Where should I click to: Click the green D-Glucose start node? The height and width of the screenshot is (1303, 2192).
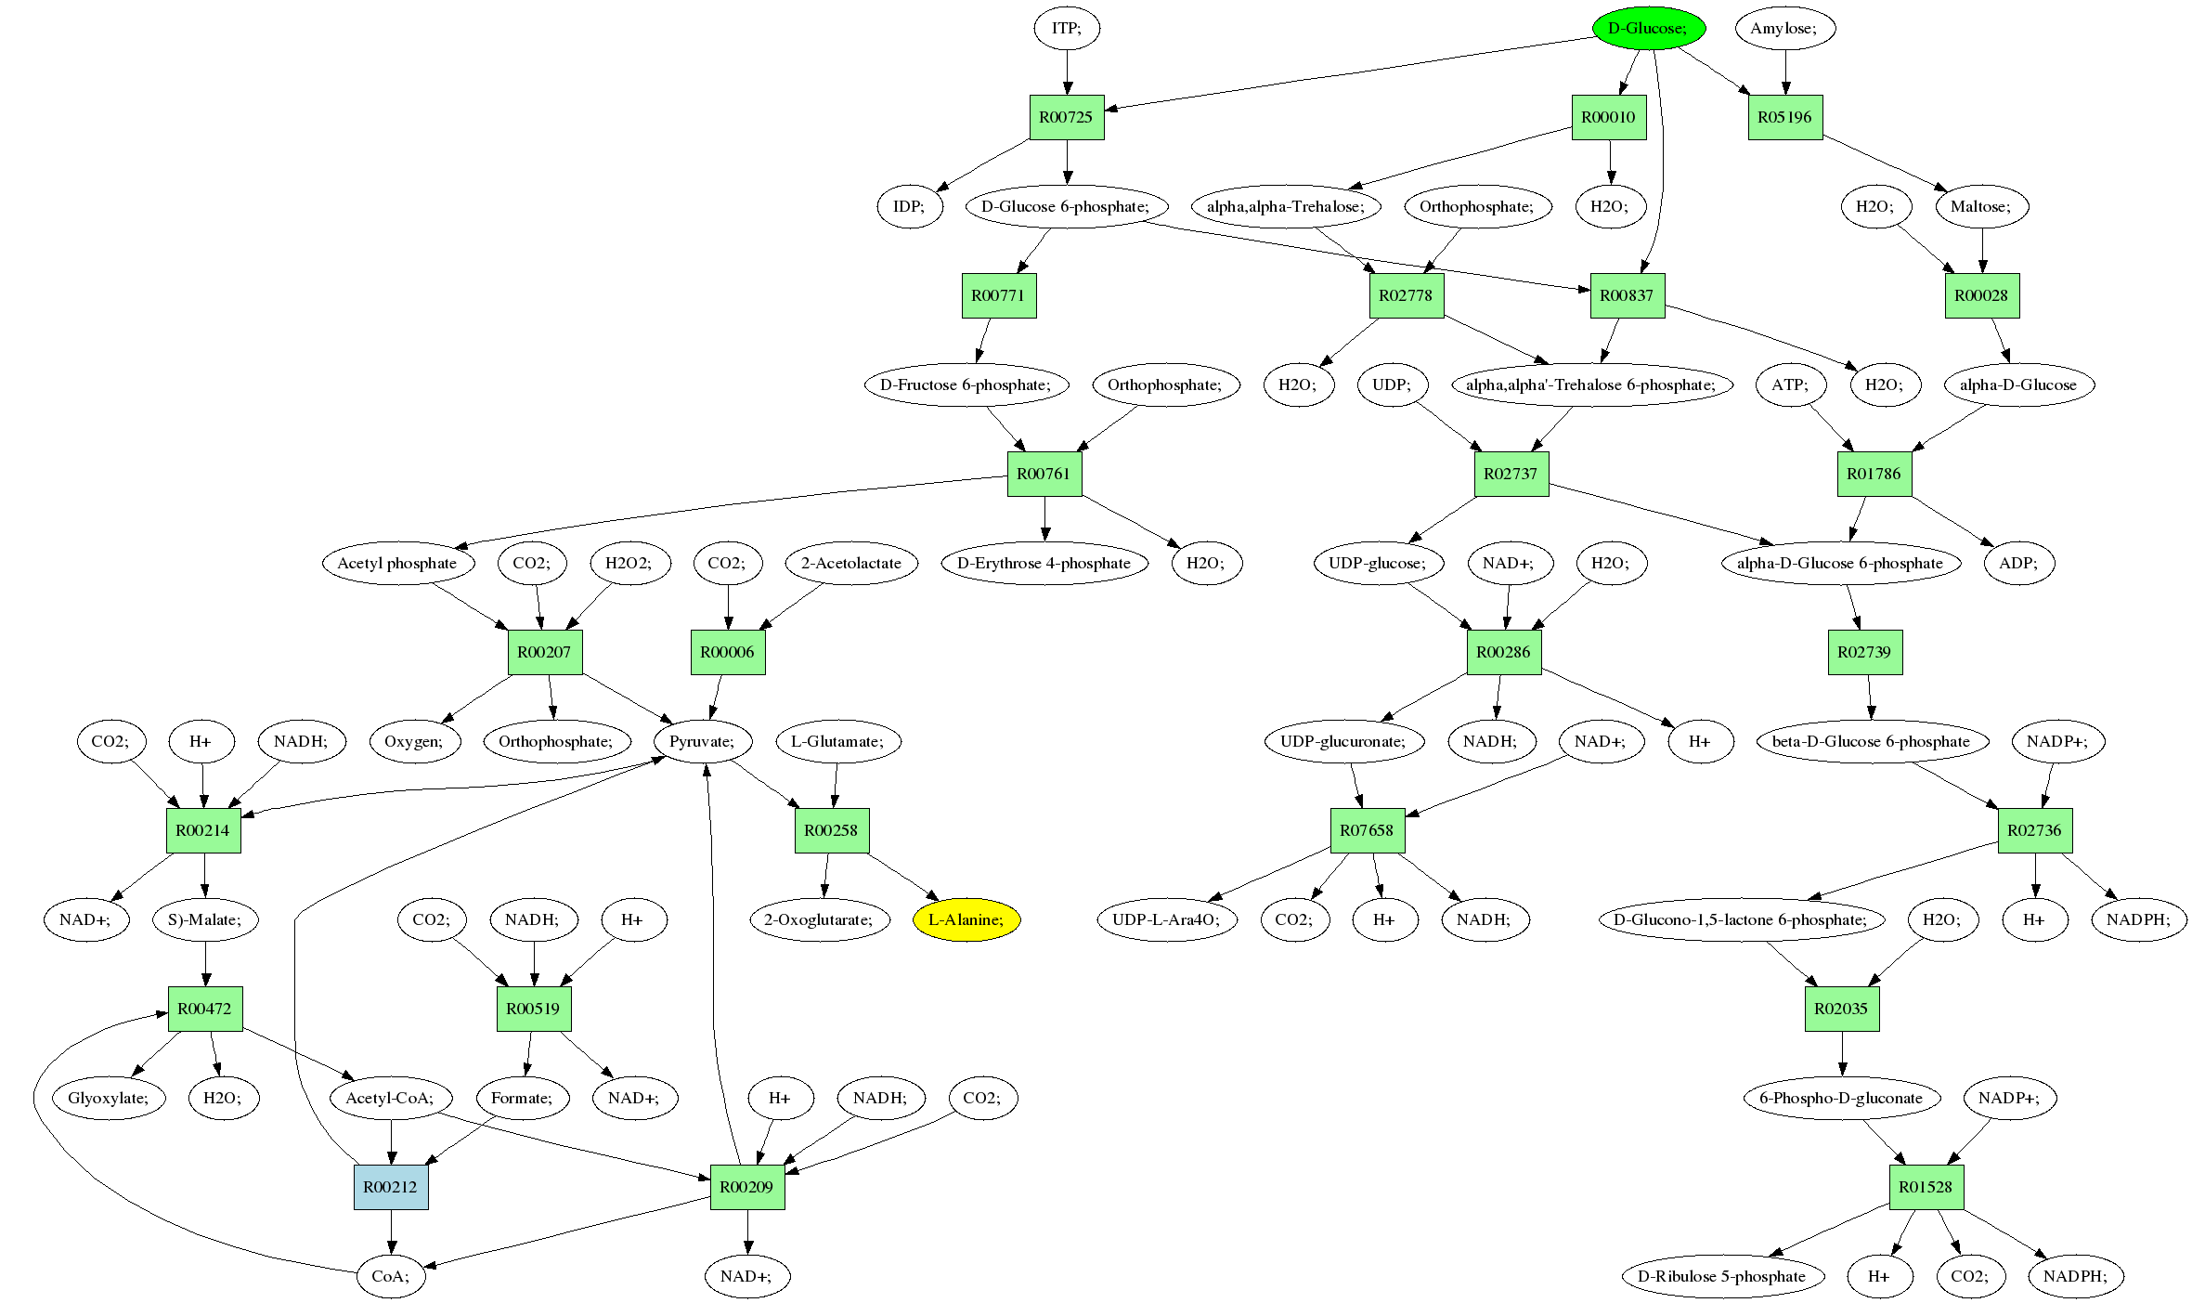pos(1648,28)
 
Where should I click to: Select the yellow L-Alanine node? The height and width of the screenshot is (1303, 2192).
pos(966,919)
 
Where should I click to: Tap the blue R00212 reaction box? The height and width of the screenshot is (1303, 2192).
pos(391,1187)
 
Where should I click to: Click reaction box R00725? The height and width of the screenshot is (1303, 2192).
pos(1066,117)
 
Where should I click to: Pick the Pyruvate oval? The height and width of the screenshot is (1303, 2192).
pos(702,741)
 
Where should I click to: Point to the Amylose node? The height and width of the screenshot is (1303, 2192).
pos(1783,28)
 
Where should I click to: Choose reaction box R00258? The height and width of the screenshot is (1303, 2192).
pos(831,830)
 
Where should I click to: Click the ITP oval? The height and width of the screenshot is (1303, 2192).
pos(1066,28)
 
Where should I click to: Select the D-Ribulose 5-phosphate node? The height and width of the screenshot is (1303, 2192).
pos(1721,1276)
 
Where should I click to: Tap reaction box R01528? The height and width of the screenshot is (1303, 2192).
pos(1926,1187)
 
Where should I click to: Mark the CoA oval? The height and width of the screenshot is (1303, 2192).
pos(390,1276)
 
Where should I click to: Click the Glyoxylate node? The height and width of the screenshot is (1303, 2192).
pos(108,1098)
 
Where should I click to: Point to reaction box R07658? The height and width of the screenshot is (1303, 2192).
pos(1367,830)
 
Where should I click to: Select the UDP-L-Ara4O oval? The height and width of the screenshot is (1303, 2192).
pos(1166,919)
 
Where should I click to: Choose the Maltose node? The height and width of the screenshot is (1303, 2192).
pos(1981,206)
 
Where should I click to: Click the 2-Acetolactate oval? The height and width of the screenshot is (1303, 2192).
pos(851,563)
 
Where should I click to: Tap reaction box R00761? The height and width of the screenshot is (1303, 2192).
pos(1044,474)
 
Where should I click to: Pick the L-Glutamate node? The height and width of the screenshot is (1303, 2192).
pos(838,741)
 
